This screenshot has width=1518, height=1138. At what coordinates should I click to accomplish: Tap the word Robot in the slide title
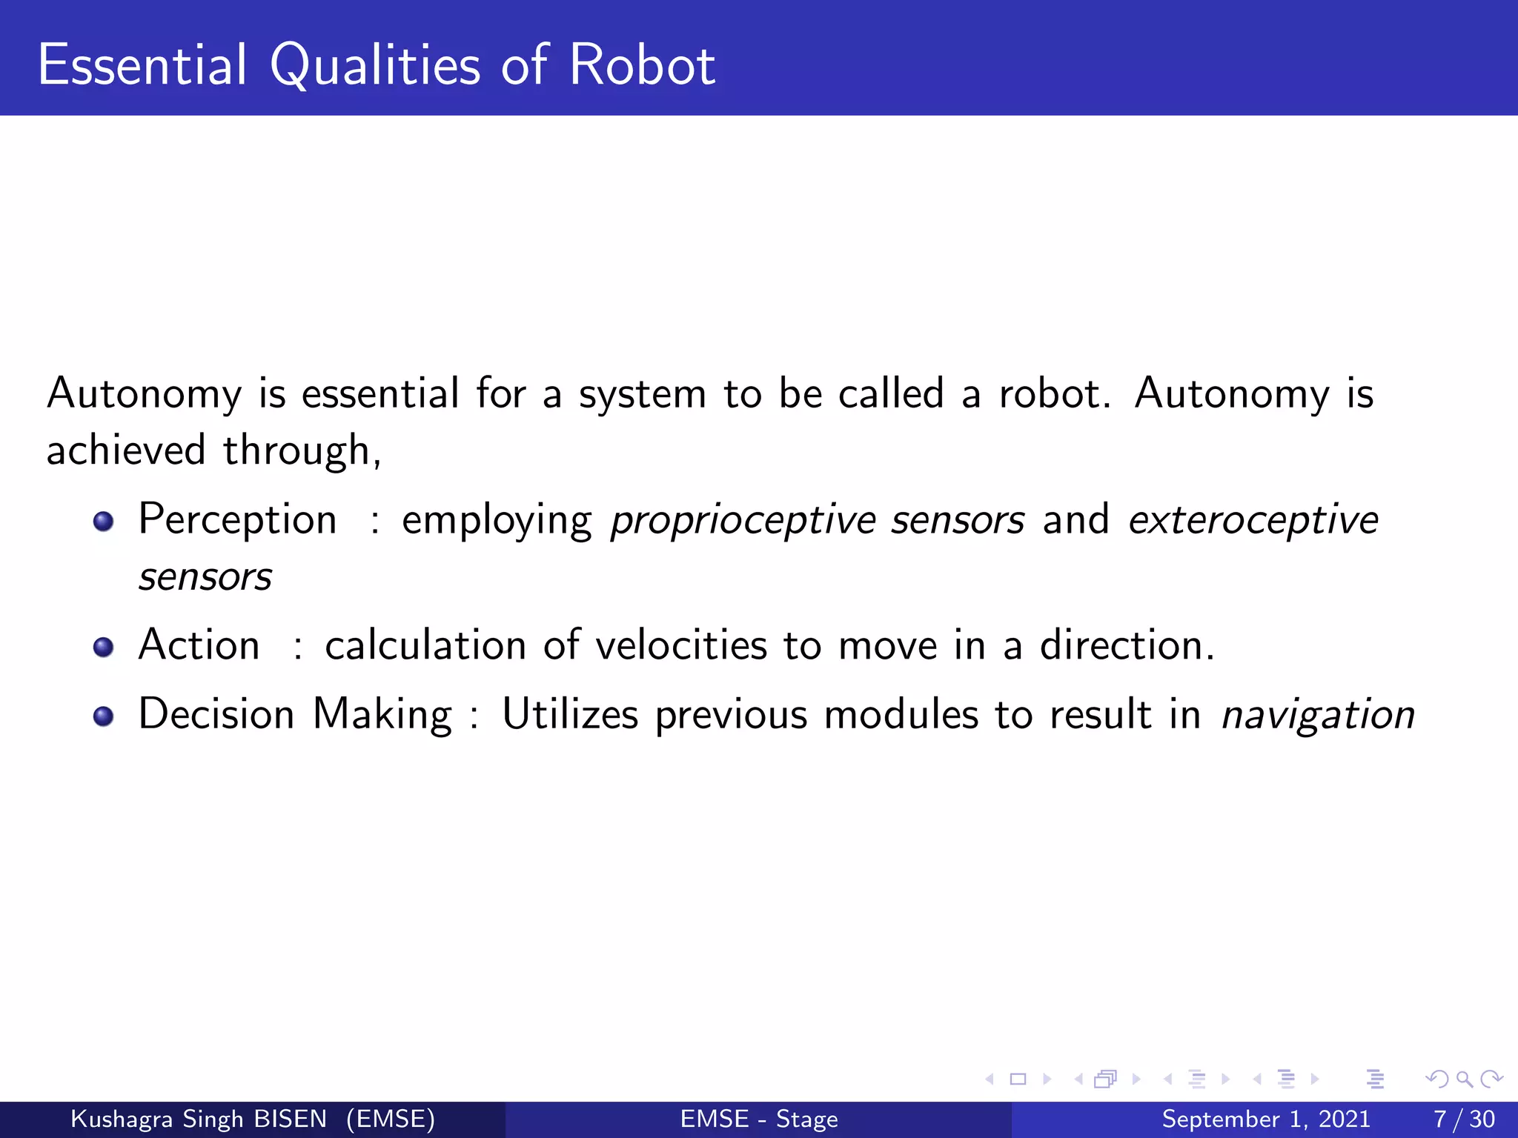[642, 65]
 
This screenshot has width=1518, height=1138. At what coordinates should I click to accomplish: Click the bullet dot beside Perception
[104, 522]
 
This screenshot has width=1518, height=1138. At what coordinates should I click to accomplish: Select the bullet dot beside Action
[104, 648]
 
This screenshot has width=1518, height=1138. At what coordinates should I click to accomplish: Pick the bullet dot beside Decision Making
[104, 716]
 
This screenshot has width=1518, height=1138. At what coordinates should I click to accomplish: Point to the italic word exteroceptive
[1253, 520]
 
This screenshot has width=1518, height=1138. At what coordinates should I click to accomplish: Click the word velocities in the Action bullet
[680, 645]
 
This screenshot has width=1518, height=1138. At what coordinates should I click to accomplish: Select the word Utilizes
[570, 714]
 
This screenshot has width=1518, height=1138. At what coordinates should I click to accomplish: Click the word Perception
[237, 520]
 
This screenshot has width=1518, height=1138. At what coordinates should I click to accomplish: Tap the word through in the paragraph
[302, 451]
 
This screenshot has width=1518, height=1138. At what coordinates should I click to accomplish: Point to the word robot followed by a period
[1054, 393]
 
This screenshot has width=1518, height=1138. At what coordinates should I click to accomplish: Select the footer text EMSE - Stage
[759, 1119]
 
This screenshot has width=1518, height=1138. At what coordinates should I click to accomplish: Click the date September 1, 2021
[1266, 1119]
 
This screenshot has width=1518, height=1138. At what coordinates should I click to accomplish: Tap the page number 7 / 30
[1464, 1119]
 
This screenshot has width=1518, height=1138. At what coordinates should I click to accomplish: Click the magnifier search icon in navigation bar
[1464, 1079]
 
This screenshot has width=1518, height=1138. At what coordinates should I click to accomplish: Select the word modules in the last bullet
[901, 715]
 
